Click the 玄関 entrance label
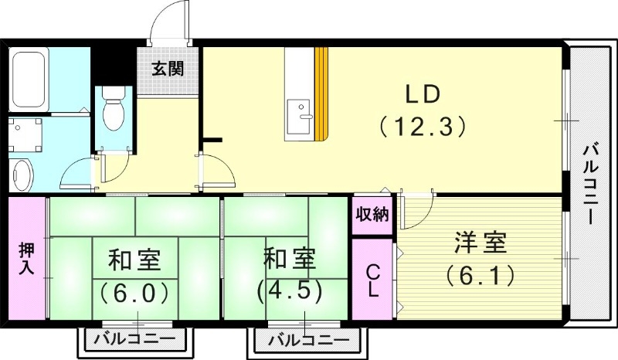168,69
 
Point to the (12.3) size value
422,126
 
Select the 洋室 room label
479,243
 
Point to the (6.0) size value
134,293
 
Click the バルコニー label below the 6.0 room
134,339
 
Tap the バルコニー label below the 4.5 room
303,339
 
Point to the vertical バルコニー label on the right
591,183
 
